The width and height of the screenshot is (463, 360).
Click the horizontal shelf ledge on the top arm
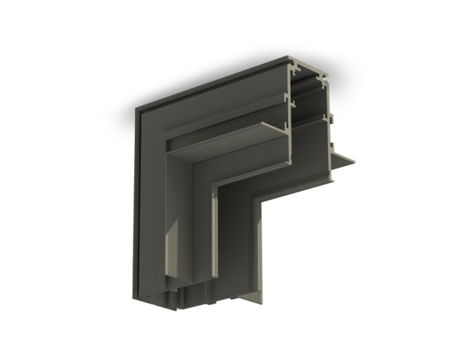[231, 136]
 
